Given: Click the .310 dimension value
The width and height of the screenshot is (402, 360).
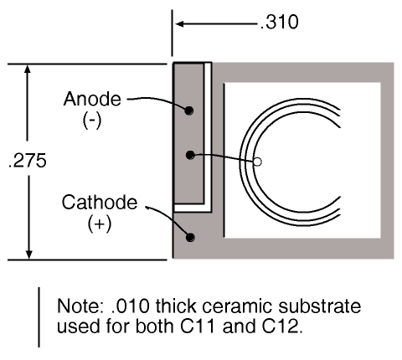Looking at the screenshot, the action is coord(279,22).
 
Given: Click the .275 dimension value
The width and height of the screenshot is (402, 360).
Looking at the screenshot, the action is coord(28,161).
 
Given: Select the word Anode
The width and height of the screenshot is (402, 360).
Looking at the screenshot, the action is coord(92,99).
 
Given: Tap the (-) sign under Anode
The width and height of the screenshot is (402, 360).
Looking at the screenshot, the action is coord(92,121).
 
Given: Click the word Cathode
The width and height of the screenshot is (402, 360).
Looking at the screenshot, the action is coord(100,203).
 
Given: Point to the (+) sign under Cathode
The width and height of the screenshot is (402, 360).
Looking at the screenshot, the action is coord(100,224).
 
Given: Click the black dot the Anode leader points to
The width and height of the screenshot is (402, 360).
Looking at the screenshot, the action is coord(189,111).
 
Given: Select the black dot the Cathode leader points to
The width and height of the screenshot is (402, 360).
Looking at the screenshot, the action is coord(190,237).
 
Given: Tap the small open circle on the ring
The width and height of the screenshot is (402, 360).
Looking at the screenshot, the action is coord(257,162).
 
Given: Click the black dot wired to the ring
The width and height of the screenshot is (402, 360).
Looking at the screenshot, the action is coord(190,155).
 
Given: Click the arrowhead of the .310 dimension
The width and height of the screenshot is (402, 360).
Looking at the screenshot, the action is coord(179,24).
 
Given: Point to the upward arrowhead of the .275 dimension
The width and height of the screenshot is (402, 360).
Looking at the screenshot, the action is coord(28,69).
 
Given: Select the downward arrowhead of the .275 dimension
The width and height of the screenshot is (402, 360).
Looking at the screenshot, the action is coord(28,255).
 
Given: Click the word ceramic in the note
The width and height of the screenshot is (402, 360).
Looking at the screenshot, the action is coord(237,306).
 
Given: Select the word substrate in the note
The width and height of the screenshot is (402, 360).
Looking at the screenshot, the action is coord(319,306).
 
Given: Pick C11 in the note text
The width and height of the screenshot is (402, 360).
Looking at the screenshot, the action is coord(198,326).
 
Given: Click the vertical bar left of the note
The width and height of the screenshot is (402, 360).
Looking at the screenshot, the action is coord(39,317).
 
